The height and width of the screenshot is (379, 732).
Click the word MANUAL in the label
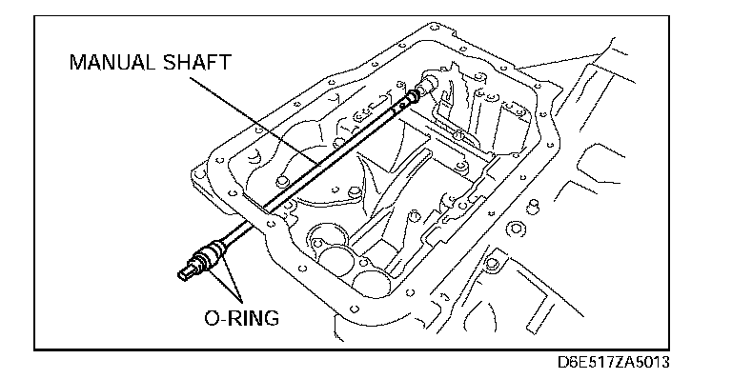point(112,62)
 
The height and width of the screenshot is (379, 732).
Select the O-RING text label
point(242,318)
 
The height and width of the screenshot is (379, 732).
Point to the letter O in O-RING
point(212,318)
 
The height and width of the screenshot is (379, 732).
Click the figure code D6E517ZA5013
point(614,362)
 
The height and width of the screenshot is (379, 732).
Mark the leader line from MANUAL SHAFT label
point(254,121)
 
